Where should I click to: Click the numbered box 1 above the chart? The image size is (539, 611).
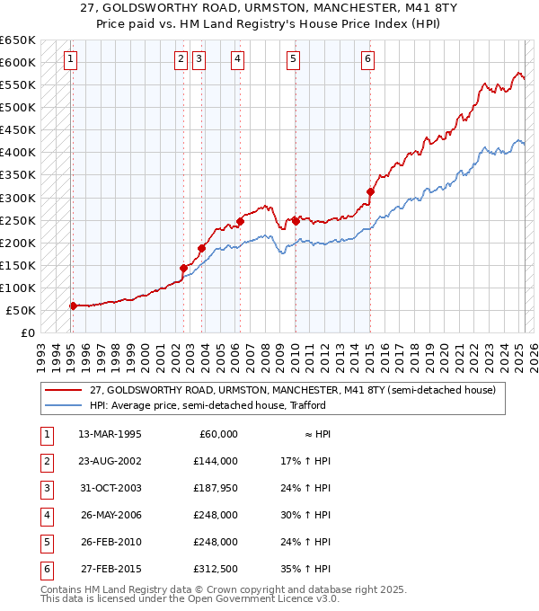(x=70, y=60)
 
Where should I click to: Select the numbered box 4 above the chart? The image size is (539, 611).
(x=237, y=60)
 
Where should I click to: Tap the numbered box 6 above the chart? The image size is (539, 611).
(x=368, y=60)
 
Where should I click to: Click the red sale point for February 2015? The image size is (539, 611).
(x=370, y=191)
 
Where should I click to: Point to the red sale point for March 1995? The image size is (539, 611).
(x=73, y=305)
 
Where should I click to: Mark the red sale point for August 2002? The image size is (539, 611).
(x=183, y=268)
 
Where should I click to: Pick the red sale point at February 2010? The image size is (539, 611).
(x=296, y=220)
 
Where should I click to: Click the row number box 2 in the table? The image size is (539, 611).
(x=46, y=461)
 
